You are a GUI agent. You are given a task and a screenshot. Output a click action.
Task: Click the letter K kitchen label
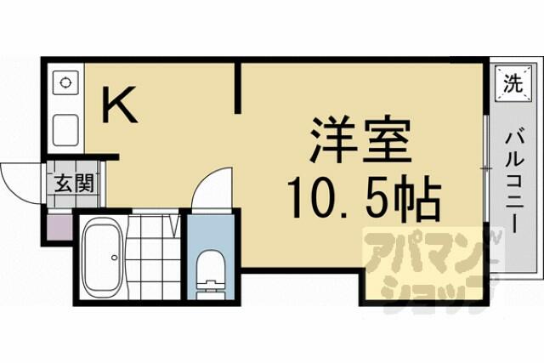(x=120, y=105)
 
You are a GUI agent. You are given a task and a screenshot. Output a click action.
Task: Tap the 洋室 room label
(x=360, y=140)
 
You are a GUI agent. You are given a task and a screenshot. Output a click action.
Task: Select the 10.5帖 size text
(x=364, y=199)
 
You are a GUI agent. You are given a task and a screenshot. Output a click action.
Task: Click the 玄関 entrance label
(x=74, y=184)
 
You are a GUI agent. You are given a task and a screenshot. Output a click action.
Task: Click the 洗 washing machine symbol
(x=513, y=83)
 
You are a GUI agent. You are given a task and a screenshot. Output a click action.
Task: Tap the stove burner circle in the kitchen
(x=65, y=83)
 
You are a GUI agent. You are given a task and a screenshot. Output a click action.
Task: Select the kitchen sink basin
(x=65, y=130)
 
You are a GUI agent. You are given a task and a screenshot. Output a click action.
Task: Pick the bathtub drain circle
(x=114, y=258)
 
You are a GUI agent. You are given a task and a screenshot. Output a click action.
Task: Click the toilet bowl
(x=211, y=269)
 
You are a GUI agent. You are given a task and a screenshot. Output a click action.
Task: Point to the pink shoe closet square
(x=59, y=227)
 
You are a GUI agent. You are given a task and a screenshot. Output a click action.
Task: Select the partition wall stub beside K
(x=238, y=88)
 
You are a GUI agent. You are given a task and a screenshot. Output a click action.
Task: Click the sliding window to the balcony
(x=486, y=168)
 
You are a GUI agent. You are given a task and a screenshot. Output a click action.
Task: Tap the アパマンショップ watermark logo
(x=427, y=267)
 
